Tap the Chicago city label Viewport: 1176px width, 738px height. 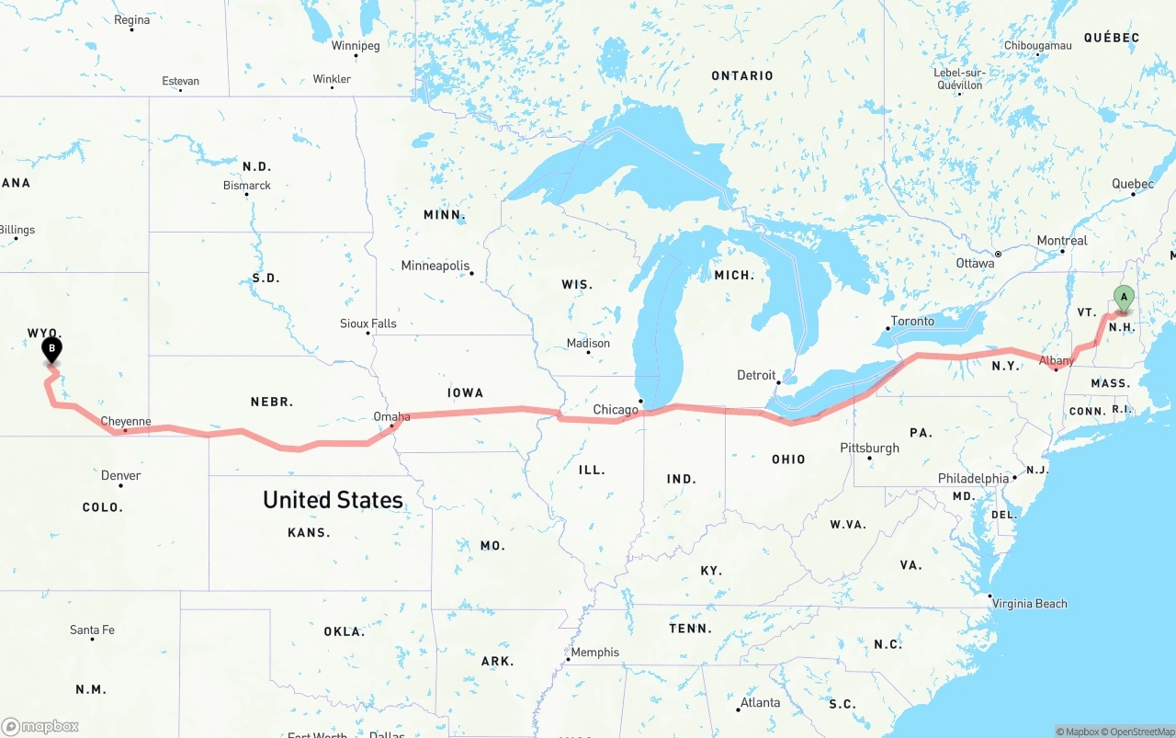(616, 410)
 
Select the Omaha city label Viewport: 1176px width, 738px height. (391, 417)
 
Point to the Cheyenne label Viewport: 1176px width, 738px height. (126, 422)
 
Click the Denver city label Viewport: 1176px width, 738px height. (121, 475)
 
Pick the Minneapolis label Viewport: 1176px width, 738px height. (435, 266)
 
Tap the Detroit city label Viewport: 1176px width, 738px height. (756, 375)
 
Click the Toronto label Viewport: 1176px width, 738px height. (912, 321)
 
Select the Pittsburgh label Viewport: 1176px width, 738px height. (869, 448)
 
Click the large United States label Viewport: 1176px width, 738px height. (333, 500)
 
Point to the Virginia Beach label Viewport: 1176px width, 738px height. (1030, 604)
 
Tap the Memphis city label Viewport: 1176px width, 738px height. (595, 653)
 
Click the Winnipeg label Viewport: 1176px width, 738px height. (356, 45)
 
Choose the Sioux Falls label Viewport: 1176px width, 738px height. (368, 324)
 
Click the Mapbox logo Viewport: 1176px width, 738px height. (40, 726)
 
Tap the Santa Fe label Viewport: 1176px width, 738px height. (92, 630)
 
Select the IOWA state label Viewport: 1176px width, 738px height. (465, 392)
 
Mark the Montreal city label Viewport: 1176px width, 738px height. (1062, 241)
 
